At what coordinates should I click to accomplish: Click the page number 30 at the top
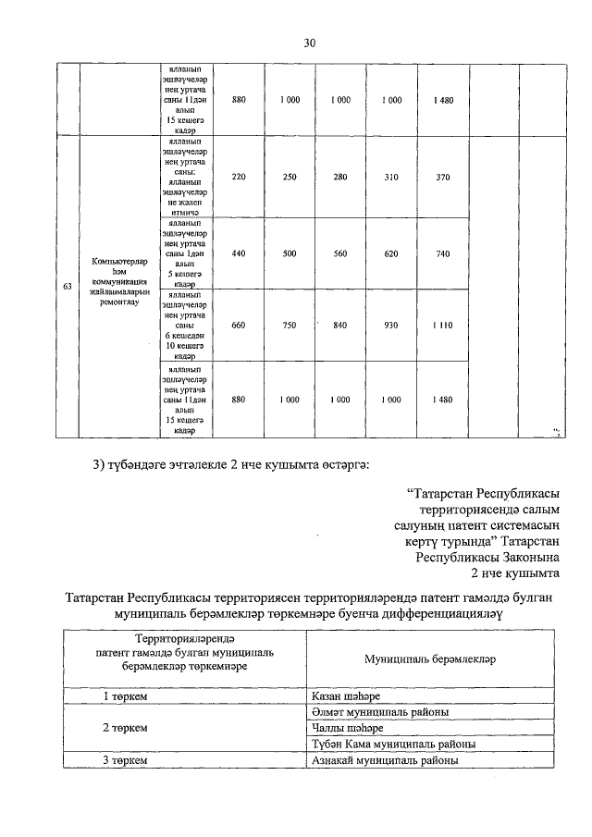(310, 43)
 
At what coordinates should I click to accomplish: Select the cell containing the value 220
(239, 177)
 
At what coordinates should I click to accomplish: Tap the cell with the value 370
(442, 177)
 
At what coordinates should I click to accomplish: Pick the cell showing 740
(442, 253)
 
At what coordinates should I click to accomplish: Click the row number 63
(67, 288)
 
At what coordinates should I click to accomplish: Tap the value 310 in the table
(391, 177)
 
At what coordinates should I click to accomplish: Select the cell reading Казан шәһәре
(348, 695)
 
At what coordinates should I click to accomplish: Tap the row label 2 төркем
(127, 728)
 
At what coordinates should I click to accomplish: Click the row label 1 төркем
(127, 695)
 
